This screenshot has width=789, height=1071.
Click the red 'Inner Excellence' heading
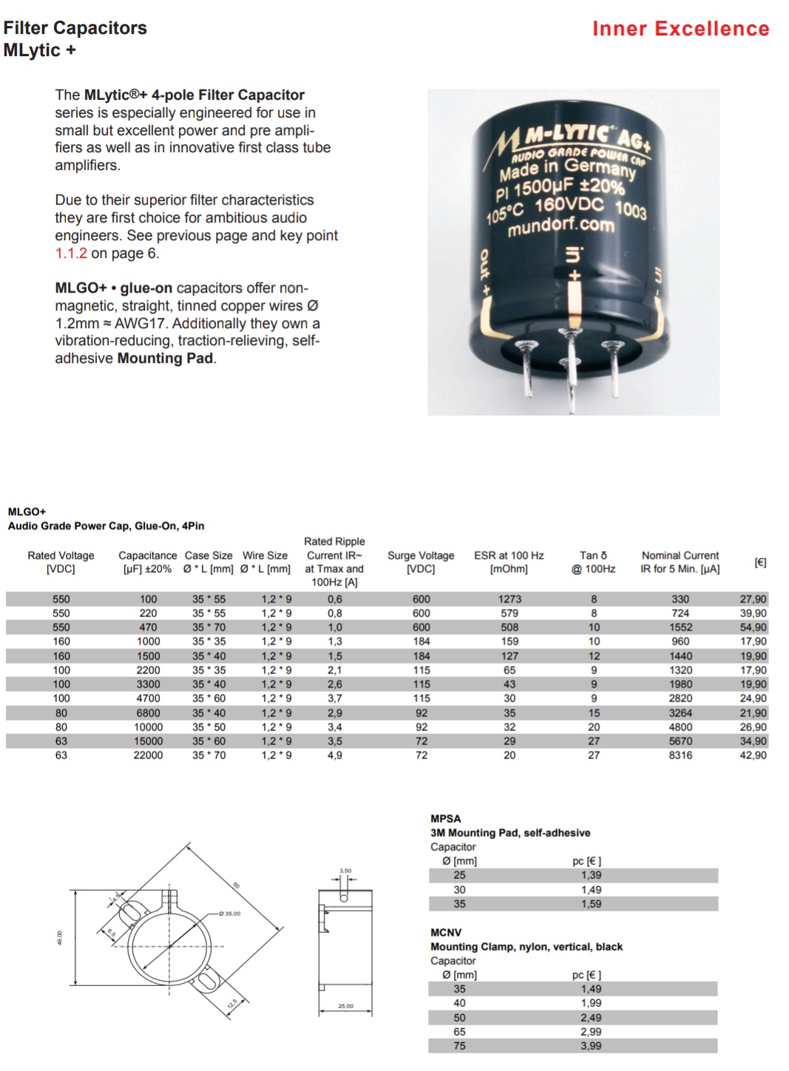(x=680, y=29)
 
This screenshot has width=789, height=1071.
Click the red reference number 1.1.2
(x=71, y=254)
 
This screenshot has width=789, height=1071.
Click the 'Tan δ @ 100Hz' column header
(x=593, y=562)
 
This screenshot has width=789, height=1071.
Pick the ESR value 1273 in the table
(x=509, y=599)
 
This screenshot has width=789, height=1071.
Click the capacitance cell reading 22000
(x=148, y=755)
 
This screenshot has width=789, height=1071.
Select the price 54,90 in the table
(x=753, y=628)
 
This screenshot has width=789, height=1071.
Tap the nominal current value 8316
(x=680, y=755)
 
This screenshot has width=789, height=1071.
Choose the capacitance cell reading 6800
(x=148, y=713)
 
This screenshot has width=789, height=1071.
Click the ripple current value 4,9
(x=335, y=755)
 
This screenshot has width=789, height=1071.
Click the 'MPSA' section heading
(x=446, y=819)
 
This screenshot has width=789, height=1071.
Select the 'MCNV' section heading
(x=446, y=933)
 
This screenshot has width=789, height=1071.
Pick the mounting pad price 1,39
(x=591, y=875)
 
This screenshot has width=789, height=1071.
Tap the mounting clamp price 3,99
(x=591, y=1046)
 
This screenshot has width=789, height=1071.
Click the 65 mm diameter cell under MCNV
(x=459, y=1032)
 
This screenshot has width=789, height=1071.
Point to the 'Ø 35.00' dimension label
(x=230, y=914)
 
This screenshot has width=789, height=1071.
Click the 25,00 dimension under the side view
(x=345, y=1006)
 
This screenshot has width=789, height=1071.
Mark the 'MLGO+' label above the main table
(x=27, y=511)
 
